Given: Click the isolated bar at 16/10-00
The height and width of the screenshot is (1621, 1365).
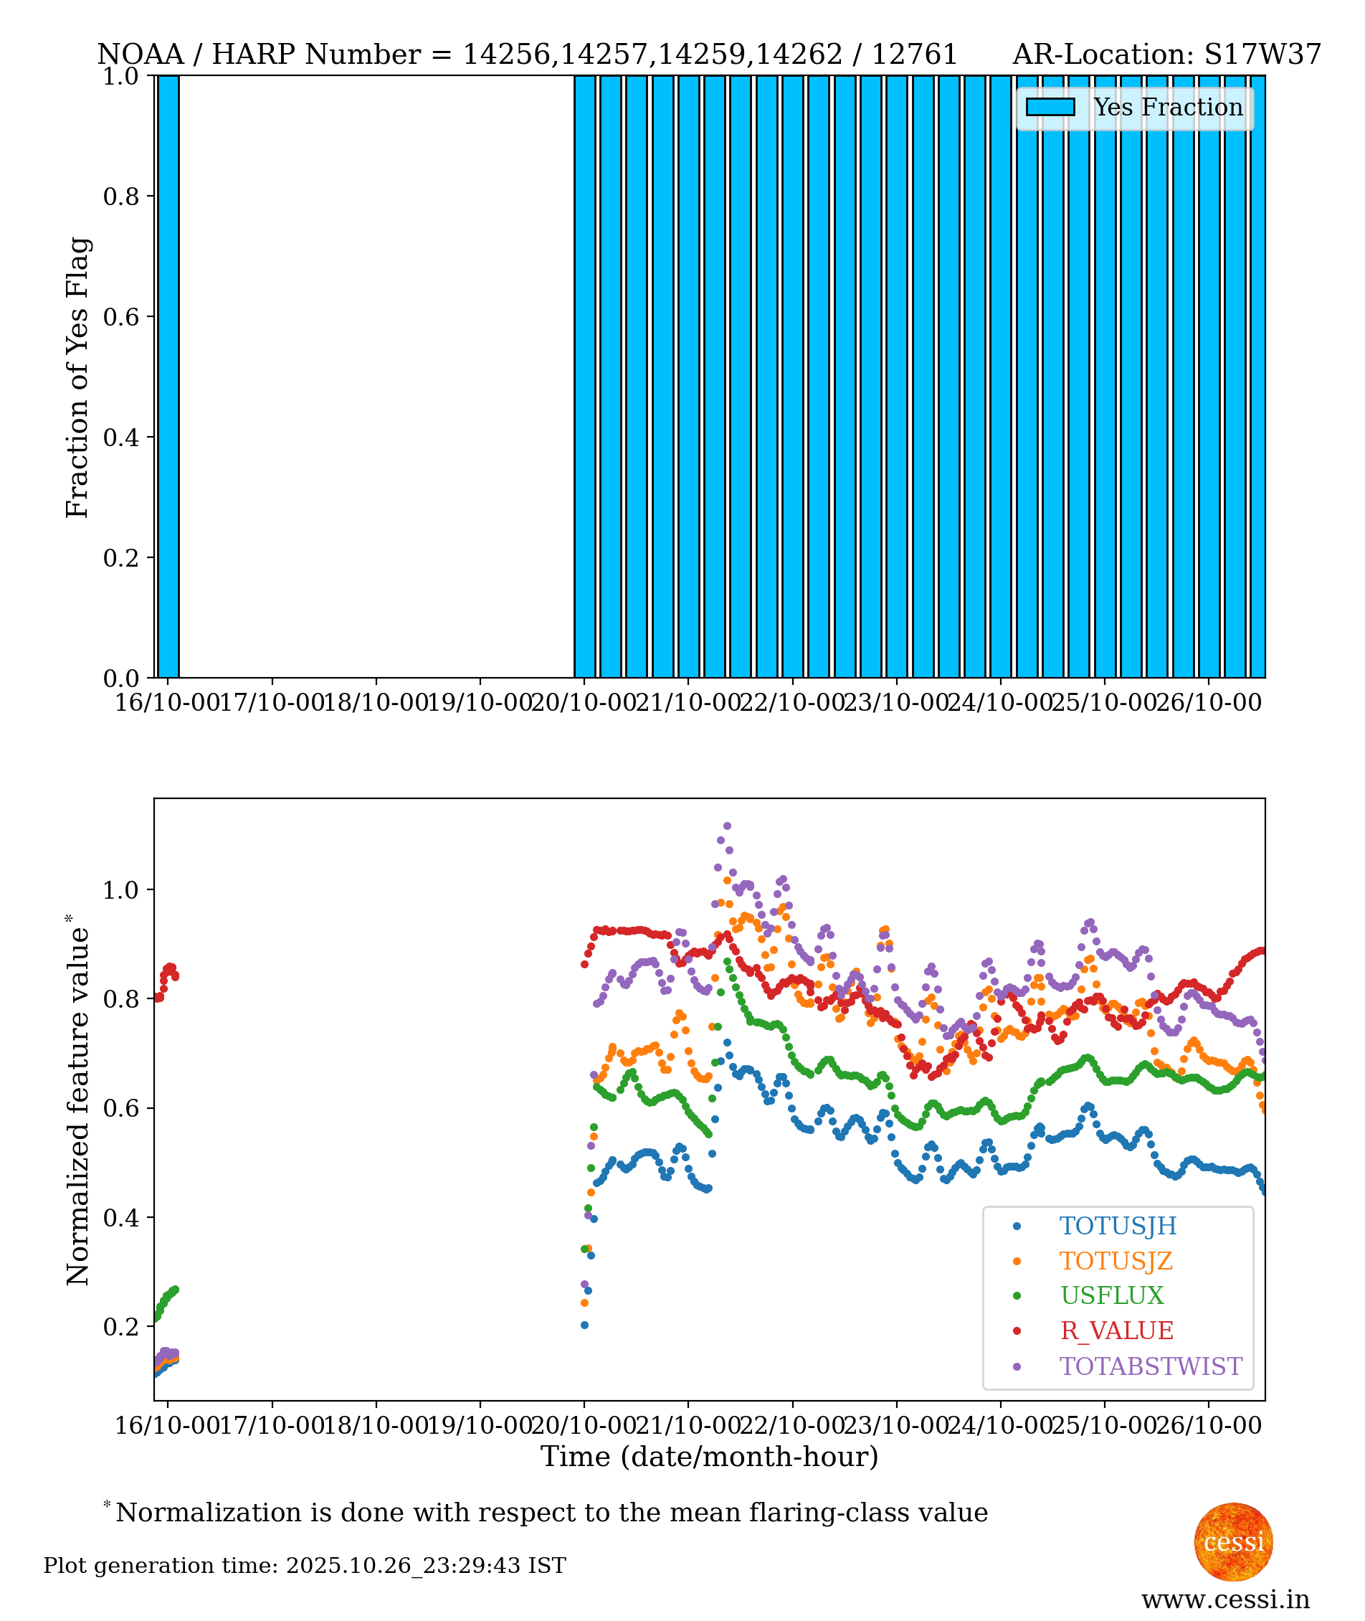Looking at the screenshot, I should pyautogui.click(x=168, y=377).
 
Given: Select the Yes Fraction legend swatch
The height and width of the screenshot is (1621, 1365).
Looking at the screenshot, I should pyautogui.click(x=1050, y=108).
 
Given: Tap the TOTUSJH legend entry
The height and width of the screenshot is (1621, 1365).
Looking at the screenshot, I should pyautogui.click(x=1117, y=1227).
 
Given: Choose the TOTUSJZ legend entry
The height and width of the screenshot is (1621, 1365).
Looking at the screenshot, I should pyautogui.click(x=1115, y=1261).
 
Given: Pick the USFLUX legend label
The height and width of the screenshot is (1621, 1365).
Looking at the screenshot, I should pyautogui.click(x=1111, y=1295).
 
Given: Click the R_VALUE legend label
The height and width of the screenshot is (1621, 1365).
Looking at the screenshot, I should pyautogui.click(x=1116, y=1330).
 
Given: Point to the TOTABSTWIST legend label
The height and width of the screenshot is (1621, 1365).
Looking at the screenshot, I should pyautogui.click(x=1150, y=1366).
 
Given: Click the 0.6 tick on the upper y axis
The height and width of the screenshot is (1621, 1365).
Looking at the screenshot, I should pyautogui.click(x=120, y=316).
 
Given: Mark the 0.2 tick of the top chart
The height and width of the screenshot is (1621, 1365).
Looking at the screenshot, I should pyautogui.click(x=120, y=557).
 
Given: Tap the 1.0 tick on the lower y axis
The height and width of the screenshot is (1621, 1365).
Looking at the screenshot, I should pyautogui.click(x=120, y=890).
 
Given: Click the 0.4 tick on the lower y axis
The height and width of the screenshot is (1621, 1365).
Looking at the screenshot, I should pyautogui.click(x=120, y=1218).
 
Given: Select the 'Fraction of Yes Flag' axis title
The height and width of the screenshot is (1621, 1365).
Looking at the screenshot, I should pyautogui.click(x=77, y=377).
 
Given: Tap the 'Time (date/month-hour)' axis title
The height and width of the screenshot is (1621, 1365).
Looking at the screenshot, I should pyautogui.click(x=709, y=1457).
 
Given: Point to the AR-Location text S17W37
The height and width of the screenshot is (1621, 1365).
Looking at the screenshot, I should pyautogui.click(x=1262, y=55).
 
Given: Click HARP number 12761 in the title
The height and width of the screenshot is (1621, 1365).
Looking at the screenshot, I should pyautogui.click(x=914, y=55).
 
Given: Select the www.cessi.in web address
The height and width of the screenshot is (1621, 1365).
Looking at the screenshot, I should pyautogui.click(x=1225, y=1599).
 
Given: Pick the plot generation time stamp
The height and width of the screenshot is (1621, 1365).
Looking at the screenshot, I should pyautogui.click(x=304, y=1565).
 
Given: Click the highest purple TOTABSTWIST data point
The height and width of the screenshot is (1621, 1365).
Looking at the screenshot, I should pyautogui.click(x=727, y=827).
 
